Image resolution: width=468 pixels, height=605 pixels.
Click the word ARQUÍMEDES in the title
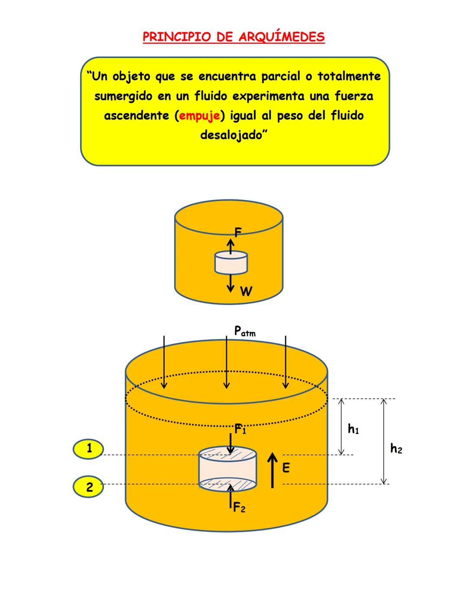coord(281,37)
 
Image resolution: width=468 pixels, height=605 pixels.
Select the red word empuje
coord(199,116)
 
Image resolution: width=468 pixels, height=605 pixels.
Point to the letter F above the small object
coord(237,233)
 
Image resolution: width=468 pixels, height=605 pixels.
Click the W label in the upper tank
coord(246,291)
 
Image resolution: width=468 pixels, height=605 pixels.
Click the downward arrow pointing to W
coord(231,283)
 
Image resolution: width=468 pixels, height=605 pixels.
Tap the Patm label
coord(244,331)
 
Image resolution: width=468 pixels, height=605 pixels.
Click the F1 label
coord(240,430)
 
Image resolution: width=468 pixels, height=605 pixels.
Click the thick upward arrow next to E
coord(272,470)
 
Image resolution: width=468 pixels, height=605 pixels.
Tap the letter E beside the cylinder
coord(286,468)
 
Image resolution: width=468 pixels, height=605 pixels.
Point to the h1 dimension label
coord(353,429)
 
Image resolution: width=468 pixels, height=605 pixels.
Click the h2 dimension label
coord(396,449)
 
